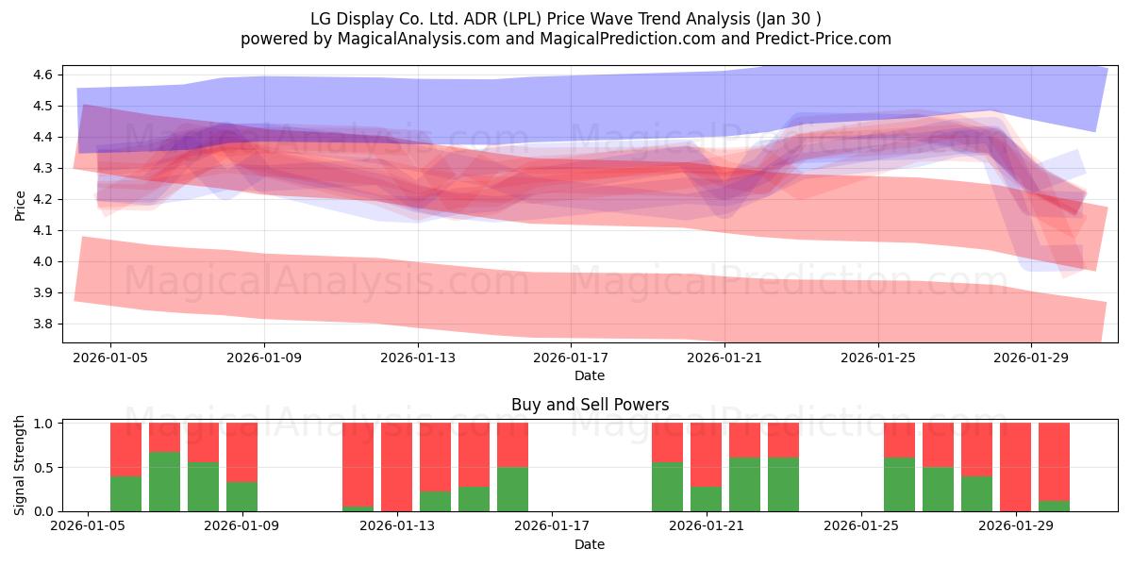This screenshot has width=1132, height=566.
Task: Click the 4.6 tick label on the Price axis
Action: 42,75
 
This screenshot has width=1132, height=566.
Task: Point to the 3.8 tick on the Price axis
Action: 42,324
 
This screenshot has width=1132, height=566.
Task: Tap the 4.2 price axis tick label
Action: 42,200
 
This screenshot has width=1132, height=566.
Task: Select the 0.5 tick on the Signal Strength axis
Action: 42,468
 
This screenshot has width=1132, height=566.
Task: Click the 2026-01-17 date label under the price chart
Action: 571,358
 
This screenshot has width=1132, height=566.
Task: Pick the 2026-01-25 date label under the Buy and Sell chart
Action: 861,526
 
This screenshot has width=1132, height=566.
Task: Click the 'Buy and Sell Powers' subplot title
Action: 590,405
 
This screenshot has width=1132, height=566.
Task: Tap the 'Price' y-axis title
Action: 20,206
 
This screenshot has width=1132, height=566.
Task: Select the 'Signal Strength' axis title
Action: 19,465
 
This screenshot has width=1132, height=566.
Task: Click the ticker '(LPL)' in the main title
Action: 522,19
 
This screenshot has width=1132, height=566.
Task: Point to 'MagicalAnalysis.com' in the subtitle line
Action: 419,39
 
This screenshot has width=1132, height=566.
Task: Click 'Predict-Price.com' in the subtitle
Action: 824,39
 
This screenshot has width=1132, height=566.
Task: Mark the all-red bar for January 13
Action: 397,467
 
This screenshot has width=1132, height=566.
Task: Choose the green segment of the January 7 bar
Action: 165,482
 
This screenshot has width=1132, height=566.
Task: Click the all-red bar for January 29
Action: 1015,467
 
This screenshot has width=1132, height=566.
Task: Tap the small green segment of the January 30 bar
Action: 1055,506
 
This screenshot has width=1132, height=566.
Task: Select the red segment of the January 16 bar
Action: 512,444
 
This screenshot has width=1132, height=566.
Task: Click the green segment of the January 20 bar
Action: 667,487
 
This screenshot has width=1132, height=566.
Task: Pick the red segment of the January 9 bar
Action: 242,452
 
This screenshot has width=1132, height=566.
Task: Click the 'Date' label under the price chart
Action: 590,376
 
